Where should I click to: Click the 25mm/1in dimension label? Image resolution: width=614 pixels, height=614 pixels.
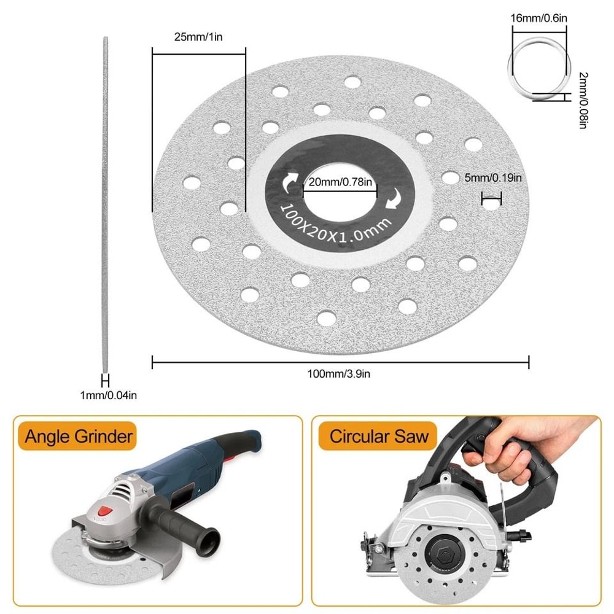[x=198, y=37]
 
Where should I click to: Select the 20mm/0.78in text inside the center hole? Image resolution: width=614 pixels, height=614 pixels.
[x=340, y=182]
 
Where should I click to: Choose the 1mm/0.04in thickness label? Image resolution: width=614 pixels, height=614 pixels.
[x=108, y=396]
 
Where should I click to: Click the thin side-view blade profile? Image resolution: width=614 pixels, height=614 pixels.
[x=105, y=203]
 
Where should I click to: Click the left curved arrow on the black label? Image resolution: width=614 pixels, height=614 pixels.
[x=287, y=182]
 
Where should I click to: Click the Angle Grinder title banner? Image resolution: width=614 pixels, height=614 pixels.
[x=79, y=437]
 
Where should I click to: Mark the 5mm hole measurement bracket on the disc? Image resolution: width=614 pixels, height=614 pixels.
[x=491, y=198]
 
